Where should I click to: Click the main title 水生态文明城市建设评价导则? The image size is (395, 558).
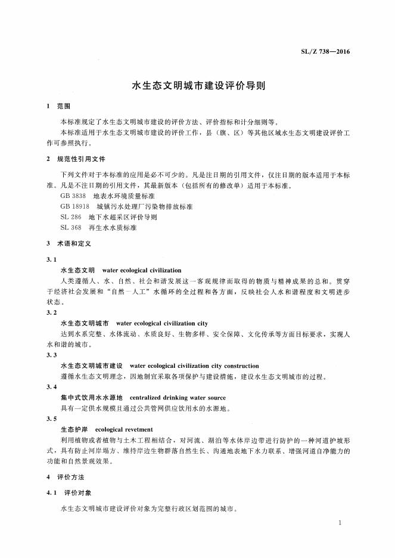198,85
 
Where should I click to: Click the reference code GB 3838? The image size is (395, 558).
73,196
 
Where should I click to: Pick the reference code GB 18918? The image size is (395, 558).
75,206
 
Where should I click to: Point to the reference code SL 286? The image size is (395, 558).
71,217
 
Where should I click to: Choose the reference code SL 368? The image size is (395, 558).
71,228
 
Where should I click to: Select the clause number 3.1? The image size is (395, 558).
51,260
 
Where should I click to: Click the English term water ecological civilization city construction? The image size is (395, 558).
194,366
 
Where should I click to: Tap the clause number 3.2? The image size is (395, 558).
51,312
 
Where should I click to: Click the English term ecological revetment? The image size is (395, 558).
124,429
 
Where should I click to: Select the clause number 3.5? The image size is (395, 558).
51,418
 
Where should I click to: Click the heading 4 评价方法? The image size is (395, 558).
66,478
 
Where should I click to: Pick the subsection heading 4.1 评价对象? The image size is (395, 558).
69,494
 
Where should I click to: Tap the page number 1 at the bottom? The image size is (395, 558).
338,523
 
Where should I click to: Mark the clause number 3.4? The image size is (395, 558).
51,387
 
